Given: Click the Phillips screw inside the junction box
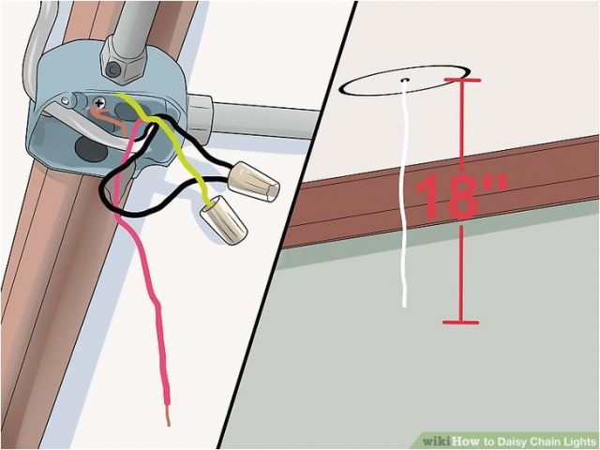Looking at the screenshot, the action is click(99, 102).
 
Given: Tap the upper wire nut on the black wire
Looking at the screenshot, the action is click(253, 181).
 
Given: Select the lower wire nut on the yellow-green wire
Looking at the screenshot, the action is click(223, 219).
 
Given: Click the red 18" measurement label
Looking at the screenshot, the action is click(461, 197).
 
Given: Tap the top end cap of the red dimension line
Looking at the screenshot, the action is click(462, 80).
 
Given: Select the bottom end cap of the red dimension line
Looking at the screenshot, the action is click(461, 322).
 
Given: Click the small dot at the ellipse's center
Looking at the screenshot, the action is click(405, 80).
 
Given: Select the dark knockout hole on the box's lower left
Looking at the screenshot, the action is click(91, 149).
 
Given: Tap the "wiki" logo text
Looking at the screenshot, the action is click(437, 442).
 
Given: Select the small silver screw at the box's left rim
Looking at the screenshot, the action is click(66, 101).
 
